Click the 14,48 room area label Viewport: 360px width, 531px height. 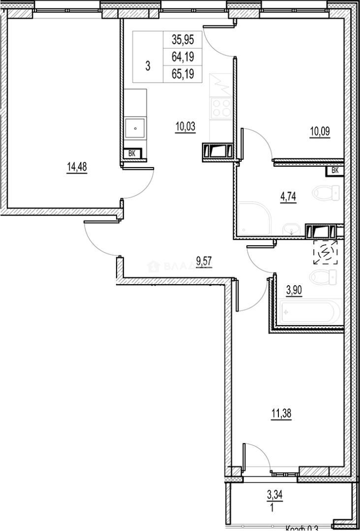point(76,167)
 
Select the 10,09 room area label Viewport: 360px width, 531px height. point(319,132)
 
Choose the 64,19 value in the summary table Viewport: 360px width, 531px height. point(182,57)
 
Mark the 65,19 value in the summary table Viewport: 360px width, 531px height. point(182,74)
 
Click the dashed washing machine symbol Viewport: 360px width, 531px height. point(326,253)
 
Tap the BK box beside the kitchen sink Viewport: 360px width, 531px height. point(132,153)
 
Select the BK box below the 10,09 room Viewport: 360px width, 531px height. point(335,171)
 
